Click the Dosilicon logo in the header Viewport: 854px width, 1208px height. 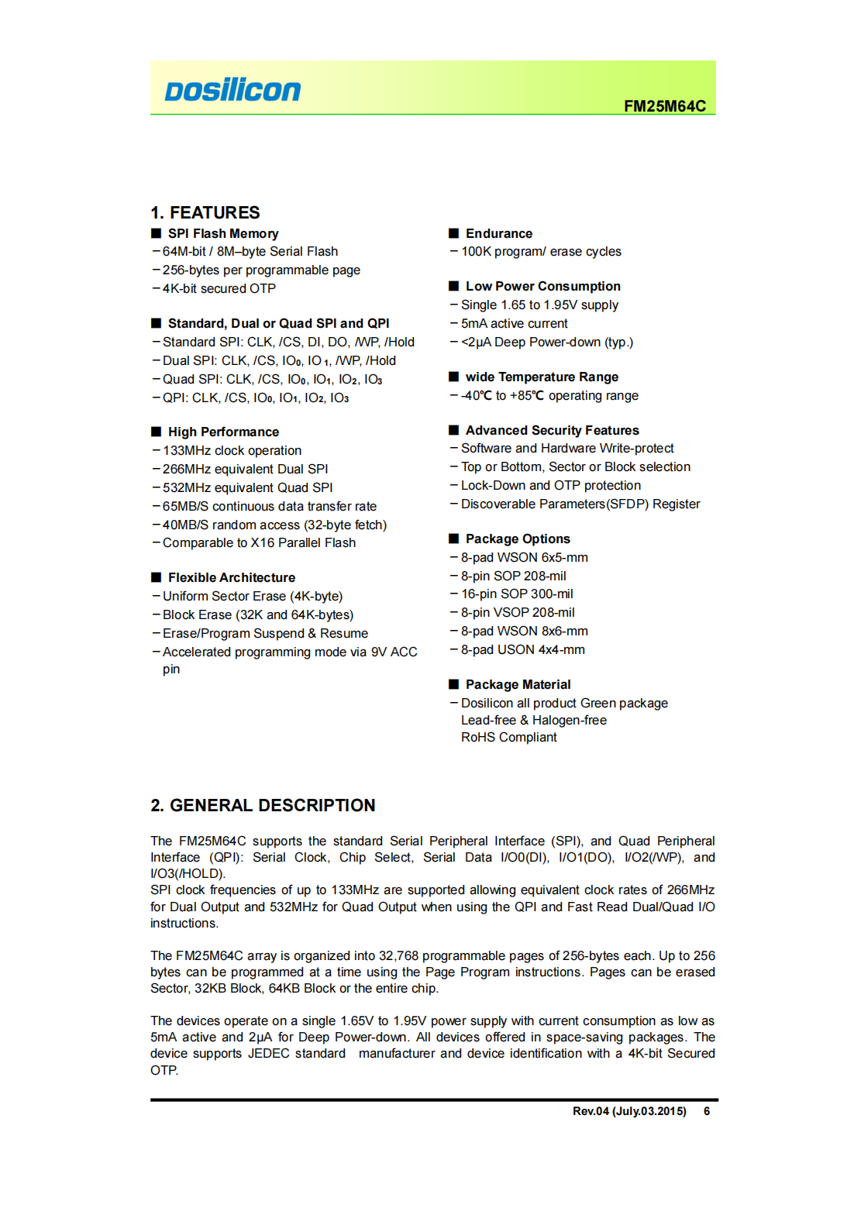point(232,91)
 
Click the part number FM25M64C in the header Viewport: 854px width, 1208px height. point(664,106)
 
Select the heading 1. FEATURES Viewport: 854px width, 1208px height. point(205,212)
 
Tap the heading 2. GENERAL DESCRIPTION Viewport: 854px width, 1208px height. point(263,805)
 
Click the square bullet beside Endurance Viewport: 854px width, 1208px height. point(454,233)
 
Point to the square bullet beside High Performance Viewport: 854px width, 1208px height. point(157,432)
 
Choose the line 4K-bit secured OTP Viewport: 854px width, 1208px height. point(219,288)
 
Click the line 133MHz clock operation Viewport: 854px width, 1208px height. point(232,450)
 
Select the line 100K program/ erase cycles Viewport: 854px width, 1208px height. point(541,251)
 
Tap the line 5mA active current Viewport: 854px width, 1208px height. point(514,323)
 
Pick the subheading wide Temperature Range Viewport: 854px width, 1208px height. point(542,377)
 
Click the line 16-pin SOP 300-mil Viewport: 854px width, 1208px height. point(517,594)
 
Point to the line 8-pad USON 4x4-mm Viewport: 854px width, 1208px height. point(522,649)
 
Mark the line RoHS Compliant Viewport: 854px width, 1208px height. point(508,737)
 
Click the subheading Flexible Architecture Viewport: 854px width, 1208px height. point(232,577)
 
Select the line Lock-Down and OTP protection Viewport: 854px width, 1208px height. point(551,485)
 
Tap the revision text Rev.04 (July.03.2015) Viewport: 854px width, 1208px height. point(629,1111)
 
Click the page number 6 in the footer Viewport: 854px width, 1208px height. point(707,1111)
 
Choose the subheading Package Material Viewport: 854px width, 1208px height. point(518,684)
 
